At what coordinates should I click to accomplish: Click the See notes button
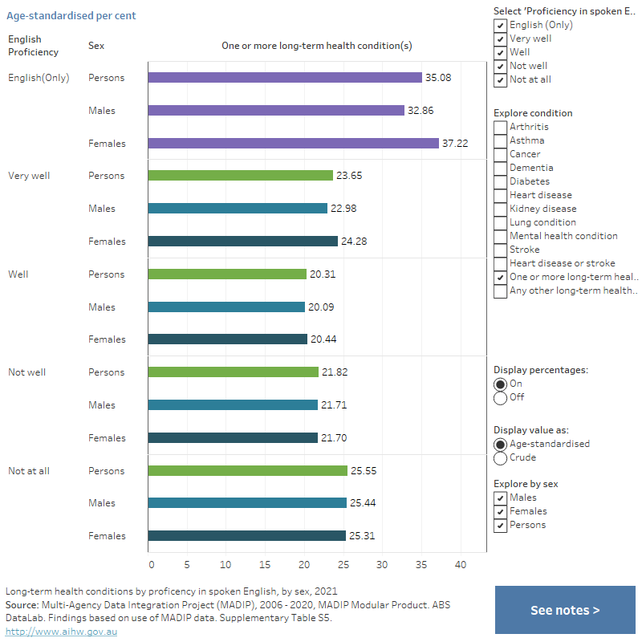(565, 610)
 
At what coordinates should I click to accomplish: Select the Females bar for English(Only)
(294, 144)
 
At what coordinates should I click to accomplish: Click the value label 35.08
(437, 78)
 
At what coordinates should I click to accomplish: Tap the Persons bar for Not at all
(248, 471)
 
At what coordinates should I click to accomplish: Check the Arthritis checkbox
(501, 127)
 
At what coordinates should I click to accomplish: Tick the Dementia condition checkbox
(501, 168)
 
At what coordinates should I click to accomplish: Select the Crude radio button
(501, 457)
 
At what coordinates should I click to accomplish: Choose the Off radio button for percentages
(501, 397)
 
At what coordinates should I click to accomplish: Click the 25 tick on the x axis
(343, 564)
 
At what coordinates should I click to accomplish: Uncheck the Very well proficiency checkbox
(501, 39)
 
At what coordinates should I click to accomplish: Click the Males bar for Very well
(238, 209)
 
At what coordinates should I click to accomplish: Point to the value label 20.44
(323, 339)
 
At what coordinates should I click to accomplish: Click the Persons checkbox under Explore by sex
(501, 525)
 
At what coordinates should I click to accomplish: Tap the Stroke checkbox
(501, 250)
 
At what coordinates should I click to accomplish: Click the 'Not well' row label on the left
(26, 372)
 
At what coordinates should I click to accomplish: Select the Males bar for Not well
(233, 405)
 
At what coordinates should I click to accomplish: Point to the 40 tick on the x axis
(461, 564)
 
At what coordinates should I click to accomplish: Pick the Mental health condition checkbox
(501, 236)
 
